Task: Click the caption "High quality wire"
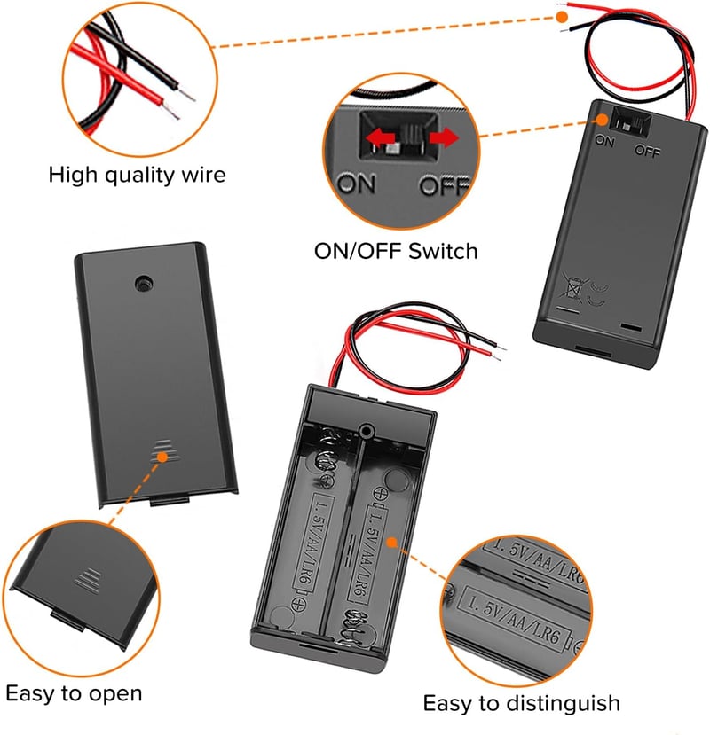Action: point(137,176)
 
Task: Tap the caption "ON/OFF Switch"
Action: point(396,251)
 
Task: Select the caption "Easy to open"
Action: point(74,694)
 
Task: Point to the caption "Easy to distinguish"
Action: point(521,704)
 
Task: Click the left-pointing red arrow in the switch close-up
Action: point(380,138)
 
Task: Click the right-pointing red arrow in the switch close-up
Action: point(444,137)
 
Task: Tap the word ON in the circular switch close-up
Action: point(357,184)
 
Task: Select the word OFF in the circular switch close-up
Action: point(444,185)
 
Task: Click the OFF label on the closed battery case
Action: point(648,151)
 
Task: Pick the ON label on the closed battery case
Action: point(604,141)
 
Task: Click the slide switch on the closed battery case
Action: point(630,121)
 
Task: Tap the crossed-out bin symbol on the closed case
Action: point(573,288)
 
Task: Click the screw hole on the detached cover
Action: point(143,284)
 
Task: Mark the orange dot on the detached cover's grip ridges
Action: point(162,457)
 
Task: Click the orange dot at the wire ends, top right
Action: point(562,17)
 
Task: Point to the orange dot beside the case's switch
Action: point(602,120)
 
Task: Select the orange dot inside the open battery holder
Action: point(392,543)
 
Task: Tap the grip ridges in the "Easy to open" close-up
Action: point(88,581)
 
